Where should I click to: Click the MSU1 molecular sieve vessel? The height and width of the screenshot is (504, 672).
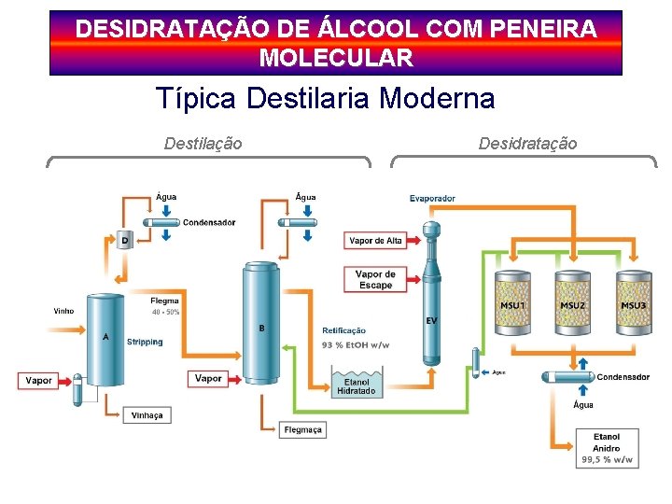(x=512, y=305)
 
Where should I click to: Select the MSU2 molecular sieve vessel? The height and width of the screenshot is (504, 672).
(x=572, y=305)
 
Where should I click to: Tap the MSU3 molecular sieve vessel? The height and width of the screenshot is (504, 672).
(x=633, y=305)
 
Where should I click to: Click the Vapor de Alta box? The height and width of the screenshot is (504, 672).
(x=375, y=241)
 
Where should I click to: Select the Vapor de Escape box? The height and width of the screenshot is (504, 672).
(x=375, y=279)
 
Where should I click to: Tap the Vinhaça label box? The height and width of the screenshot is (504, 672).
(x=147, y=415)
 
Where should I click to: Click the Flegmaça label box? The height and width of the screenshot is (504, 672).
(x=303, y=429)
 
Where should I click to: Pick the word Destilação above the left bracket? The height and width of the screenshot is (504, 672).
(x=203, y=144)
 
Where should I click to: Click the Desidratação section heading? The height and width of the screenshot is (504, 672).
(x=527, y=144)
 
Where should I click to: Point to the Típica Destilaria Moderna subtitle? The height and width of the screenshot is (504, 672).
(x=325, y=98)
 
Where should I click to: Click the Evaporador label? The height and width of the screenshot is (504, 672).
(x=432, y=199)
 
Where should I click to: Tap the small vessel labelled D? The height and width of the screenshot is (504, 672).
(x=125, y=240)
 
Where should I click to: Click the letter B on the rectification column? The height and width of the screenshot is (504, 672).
(x=261, y=328)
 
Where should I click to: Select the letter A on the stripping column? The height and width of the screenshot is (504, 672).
(x=105, y=337)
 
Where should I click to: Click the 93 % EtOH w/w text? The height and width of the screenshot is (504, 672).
(x=356, y=345)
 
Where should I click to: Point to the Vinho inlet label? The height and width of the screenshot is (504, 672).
(x=63, y=311)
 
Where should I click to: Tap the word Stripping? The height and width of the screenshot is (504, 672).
(x=145, y=342)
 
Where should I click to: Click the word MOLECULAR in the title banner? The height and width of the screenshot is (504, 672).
(x=336, y=59)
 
